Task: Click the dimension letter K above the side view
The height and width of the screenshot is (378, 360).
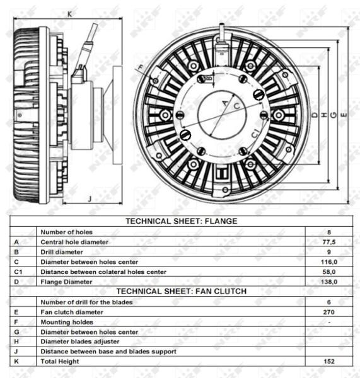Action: [69, 14]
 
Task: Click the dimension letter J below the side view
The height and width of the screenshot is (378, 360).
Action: [90, 199]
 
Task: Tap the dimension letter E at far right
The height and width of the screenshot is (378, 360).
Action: [344, 115]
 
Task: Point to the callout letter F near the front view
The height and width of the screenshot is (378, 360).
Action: [141, 67]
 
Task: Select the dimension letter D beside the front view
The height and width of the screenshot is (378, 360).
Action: [315, 115]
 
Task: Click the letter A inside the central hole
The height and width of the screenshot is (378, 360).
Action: [225, 103]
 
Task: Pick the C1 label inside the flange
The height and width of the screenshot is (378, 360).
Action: [256, 134]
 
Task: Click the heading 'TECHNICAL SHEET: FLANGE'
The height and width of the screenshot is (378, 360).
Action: [182, 221]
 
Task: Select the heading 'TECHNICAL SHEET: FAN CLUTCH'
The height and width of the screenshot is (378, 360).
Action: [182, 291]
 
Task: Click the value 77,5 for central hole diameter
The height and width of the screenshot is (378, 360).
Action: [329, 242]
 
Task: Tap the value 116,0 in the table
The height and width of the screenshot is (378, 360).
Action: [329, 262]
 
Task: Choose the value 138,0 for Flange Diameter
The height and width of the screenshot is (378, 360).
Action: [329, 282]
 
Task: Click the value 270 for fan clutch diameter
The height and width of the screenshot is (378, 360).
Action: [329, 312]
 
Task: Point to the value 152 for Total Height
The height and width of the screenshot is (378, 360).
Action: [329, 362]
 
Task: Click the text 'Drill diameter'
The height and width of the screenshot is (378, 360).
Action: [62, 252]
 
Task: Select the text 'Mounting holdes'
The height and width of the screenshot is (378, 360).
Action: [67, 322]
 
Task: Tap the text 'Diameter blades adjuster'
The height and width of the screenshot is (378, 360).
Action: [80, 341]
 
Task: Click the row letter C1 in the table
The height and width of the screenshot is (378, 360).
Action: [18, 272]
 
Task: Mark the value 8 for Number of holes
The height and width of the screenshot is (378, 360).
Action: [329, 232]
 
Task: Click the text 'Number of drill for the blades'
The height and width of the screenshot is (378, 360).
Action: [86, 302]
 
